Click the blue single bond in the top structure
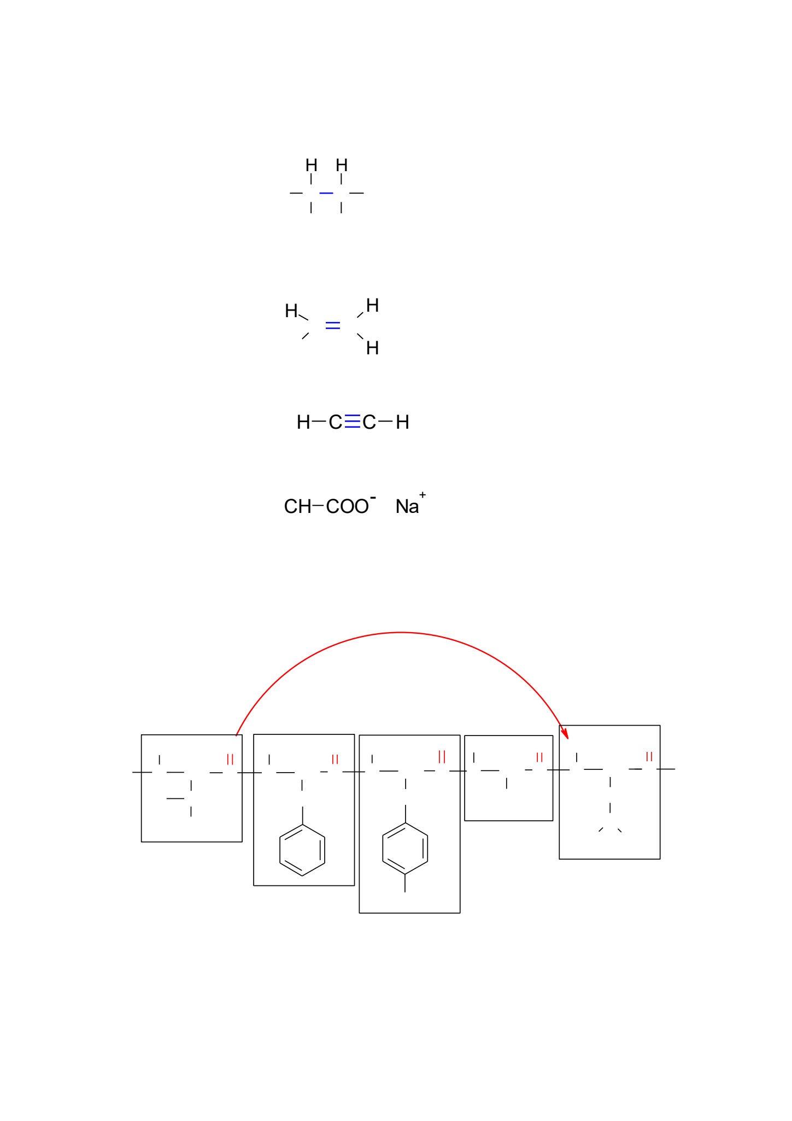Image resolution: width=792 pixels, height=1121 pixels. click(326, 193)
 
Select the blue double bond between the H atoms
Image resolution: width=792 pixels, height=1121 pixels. click(333, 325)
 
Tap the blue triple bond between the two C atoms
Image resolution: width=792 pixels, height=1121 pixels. click(353, 422)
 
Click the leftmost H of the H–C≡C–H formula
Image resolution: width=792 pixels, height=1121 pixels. click(303, 422)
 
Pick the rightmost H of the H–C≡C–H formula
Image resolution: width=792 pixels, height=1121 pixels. click(402, 422)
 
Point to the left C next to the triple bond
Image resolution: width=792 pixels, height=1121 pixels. click(336, 422)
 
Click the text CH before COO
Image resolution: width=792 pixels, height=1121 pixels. click(297, 506)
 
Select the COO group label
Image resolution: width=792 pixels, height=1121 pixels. click(348, 506)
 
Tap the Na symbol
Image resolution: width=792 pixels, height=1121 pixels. click(407, 506)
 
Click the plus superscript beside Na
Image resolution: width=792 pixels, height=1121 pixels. click(423, 495)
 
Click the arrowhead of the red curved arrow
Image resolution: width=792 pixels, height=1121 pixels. click(565, 731)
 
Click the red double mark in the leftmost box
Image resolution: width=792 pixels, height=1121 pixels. click(230, 759)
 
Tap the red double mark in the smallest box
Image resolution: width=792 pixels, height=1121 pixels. click(539, 757)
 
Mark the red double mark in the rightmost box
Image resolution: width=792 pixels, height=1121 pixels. click(649, 757)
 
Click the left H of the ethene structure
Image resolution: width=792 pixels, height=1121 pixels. click(291, 311)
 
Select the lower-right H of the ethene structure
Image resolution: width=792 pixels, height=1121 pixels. click(372, 348)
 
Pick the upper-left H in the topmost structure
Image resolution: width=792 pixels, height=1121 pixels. click(312, 165)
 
